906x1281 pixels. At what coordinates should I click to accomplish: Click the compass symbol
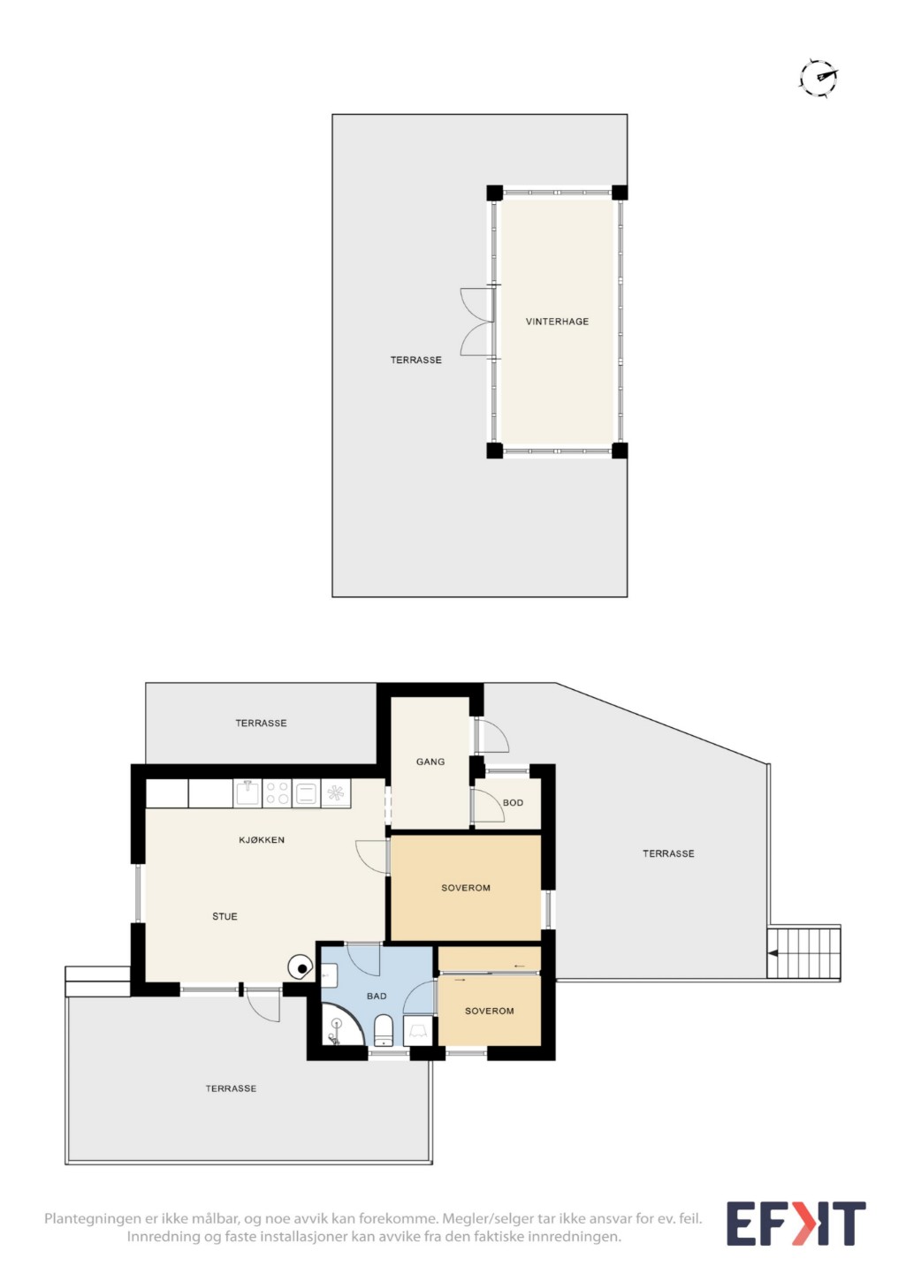click(819, 79)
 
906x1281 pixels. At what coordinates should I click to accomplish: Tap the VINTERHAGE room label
click(557, 322)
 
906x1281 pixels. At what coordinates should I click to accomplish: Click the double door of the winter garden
click(476, 322)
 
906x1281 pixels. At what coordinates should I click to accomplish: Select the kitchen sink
click(247, 793)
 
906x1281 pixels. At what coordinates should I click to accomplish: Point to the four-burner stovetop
click(277, 793)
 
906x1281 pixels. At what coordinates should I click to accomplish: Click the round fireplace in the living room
click(300, 967)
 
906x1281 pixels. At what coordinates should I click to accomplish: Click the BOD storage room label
click(513, 802)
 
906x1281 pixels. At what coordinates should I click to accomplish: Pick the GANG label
click(430, 762)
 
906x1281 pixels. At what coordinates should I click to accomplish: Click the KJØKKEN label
click(262, 839)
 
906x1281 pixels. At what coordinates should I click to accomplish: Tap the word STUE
click(225, 916)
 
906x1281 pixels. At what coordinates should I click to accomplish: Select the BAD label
click(377, 996)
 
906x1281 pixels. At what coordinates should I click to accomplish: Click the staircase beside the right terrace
click(803, 952)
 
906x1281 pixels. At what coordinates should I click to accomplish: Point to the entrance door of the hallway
click(491, 736)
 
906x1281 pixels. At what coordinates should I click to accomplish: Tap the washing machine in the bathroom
click(417, 1030)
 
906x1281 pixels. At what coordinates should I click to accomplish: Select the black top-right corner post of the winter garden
click(620, 193)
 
